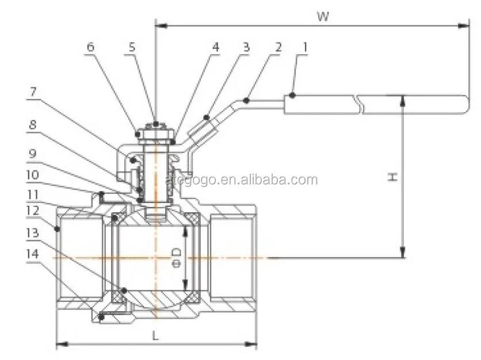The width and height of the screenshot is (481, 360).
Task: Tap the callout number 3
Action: pos(246,47)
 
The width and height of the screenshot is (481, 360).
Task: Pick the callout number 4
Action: pos(215,47)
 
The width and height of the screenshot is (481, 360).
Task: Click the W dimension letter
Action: pos(323,16)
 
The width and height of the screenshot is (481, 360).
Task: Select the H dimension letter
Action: pos(392,177)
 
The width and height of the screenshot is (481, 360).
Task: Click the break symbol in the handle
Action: pos(360,105)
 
